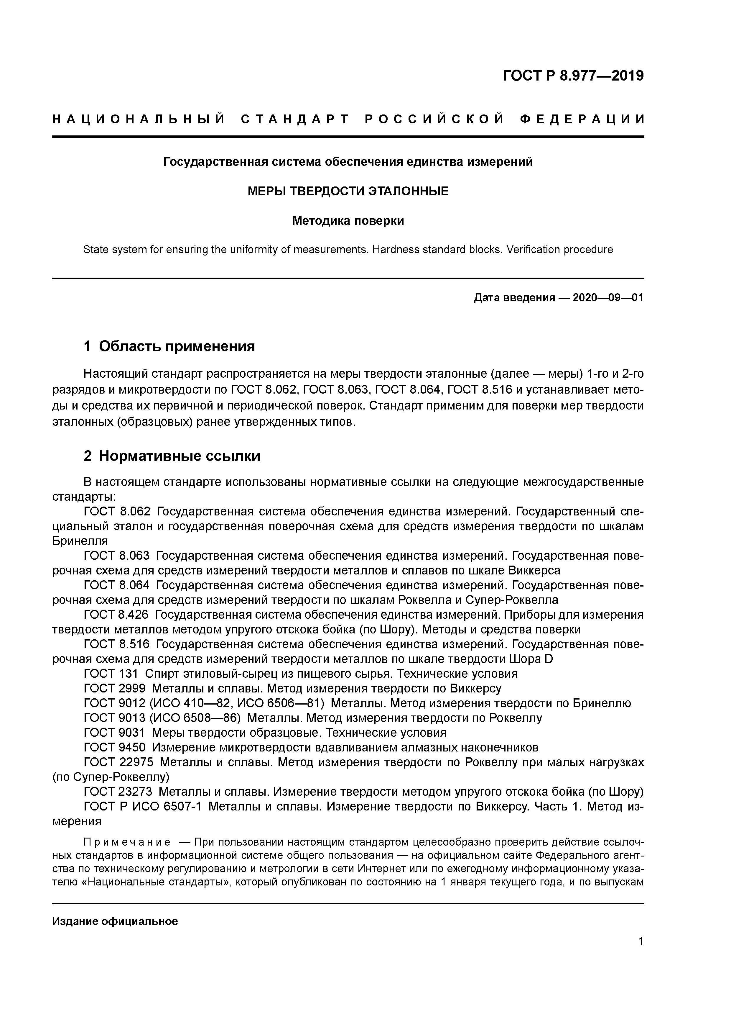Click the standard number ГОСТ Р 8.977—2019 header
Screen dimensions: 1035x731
tap(573, 76)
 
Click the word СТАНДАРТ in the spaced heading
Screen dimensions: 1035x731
tap(295, 119)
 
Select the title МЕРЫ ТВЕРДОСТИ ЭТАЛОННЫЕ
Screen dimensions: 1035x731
tap(348, 191)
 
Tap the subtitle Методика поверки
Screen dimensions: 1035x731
tap(348, 221)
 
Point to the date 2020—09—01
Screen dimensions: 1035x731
tap(607, 298)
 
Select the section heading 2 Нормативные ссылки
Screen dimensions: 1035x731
tap(172, 456)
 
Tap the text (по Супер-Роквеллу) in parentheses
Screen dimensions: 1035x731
tap(111, 777)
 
